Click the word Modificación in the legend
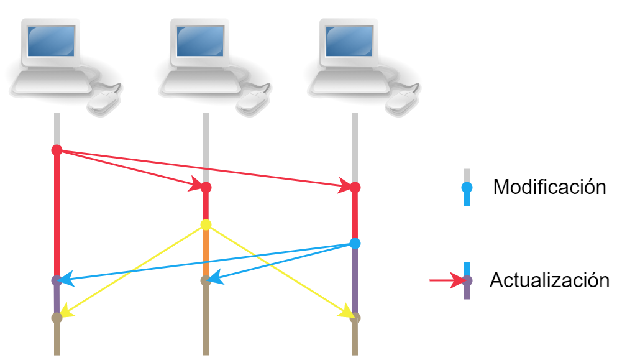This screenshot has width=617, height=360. [549, 187]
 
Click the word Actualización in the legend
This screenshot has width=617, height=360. [549, 280]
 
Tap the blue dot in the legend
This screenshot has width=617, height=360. [467, 188]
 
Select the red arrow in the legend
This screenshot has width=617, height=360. [448, 280]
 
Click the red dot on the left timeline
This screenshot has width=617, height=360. [57, 150]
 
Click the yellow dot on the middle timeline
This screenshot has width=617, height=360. [206, 225]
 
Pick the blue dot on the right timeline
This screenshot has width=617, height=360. [355, 243]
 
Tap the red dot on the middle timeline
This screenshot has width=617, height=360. [206, 188]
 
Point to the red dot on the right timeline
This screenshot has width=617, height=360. [355, 188]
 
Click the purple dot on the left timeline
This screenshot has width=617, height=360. [57, 280]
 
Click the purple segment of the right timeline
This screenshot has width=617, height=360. [355, 280]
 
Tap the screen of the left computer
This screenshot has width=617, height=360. [51, 41]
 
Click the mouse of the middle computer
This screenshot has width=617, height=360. [253, 101]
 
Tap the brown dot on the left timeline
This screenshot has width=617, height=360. [57, 318]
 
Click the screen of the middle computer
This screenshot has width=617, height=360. [200, 41]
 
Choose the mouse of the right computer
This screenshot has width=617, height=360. [402, 101]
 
